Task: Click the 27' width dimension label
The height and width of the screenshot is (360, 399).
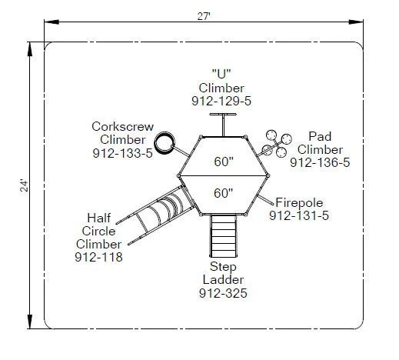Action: pyautogui.click(x=204, y=17)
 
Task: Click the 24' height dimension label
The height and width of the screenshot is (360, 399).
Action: pyautogui.click(x=24, y=186)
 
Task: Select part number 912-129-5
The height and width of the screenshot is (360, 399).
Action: pyautogui.click(x=221, y=102)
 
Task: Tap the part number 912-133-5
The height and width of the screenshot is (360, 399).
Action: pyautogui.click(x=122, y=153)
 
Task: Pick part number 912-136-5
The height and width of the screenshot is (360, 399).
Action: pyautogui.click(x=320, y=162)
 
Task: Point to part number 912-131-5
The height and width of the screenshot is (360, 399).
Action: pyautogui.click(x=299, y=215)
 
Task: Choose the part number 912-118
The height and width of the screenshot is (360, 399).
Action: pyautogui.click(x=98, y=257)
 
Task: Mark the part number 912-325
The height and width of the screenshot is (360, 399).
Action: pyautogui.click(x=223, y=293)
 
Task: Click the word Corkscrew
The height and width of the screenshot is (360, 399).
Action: pyautogui.click(x=123, y=127)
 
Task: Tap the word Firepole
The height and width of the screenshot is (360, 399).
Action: pyautogui.click(x=299, y=203)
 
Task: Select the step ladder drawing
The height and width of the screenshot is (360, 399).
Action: pyautogui.click(x=223, y=236)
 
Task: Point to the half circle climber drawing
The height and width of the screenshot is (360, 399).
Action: pyautogui.click(x=156, y=215)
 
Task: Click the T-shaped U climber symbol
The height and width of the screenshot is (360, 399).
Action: pyautogui.click(x=223, y=125)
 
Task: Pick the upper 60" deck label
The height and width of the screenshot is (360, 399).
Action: pyautogui.click(x=224, y=162)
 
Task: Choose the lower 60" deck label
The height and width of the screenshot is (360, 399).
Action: pyautogui.click(x=224, y=193)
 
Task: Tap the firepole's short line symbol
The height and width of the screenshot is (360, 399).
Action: pyautogui.click(x=265, y=200)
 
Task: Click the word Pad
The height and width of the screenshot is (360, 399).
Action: pyautogui.click(x=320, y=136)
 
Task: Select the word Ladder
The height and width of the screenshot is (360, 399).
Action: pyautogui.click(x=223, y=280)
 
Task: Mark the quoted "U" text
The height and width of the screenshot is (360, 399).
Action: pyautogui.click(x=221, y=74)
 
